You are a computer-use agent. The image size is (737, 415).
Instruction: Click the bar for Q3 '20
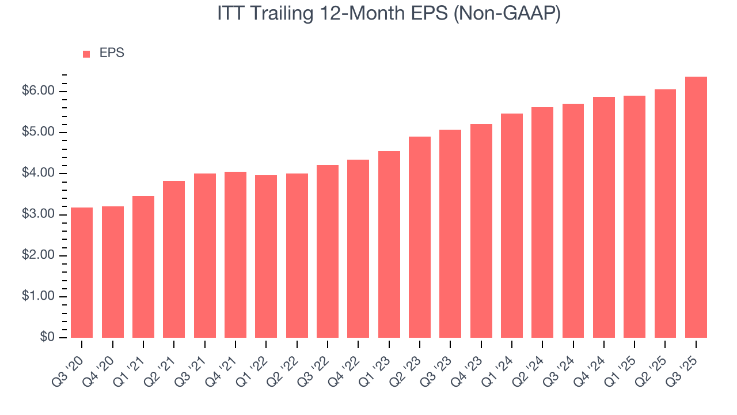tap(82, 273)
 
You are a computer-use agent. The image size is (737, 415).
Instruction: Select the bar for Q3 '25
tap(696, 207)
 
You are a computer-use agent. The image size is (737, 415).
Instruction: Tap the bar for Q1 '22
tap(266, 256)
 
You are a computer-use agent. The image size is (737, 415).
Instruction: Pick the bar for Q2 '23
tap(420, 237)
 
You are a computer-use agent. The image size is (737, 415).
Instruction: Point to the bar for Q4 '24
tap(604, 217)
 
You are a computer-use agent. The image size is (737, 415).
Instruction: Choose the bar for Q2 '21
tap(174, 259)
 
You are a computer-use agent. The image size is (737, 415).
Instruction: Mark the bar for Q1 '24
tap(512, 225)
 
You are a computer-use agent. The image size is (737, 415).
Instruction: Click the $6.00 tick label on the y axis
tap(39, 92)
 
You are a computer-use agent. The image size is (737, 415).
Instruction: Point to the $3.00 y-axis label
tap(39, 214)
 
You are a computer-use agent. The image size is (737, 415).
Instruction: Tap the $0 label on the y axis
tap(47, 338)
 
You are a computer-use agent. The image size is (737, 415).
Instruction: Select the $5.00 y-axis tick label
tap(39, 133)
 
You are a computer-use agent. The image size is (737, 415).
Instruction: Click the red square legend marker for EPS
tap(86, 54)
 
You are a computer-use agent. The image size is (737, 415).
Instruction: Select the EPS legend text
tap(112, 53)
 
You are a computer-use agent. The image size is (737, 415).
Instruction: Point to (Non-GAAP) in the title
tap(507, 14)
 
